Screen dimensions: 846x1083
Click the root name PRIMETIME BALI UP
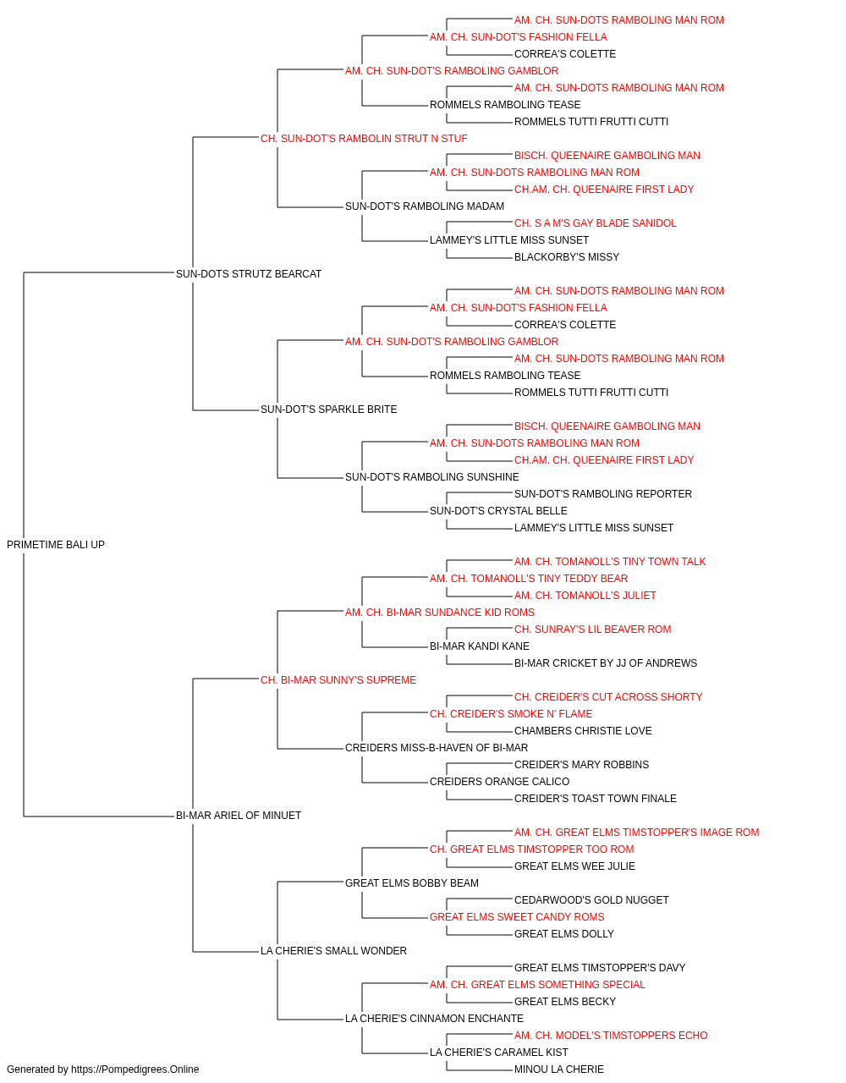point(56,545)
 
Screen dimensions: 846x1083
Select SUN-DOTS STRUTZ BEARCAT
point(249,274)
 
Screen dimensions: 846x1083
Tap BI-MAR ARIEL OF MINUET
point(239,816)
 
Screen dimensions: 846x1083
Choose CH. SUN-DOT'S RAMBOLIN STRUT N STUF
point(364,139)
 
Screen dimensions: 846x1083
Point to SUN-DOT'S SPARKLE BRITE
point(329,410)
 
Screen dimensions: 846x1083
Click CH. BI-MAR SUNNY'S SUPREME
point(338,680)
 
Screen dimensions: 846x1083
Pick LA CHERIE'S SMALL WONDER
point(333,951)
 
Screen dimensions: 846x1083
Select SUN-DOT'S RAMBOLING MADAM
point(425,206)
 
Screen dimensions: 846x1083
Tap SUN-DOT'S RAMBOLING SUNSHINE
point(432,477)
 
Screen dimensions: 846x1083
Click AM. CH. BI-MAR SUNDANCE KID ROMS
point(439,613)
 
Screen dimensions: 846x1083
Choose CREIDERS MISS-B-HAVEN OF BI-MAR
point(437,748)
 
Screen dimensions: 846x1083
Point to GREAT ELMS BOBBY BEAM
point(411,883)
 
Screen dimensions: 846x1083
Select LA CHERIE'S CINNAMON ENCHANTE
point(435,1019)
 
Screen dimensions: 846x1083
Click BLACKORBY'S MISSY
point(567,257)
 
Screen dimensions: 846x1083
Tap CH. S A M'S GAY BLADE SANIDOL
point(596,223)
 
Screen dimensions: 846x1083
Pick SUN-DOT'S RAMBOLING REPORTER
point(603,494)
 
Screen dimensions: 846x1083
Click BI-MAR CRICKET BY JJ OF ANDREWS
point(606,663)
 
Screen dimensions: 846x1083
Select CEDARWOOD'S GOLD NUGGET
point(591,900)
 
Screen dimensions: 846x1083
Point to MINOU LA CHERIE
point(559,1069)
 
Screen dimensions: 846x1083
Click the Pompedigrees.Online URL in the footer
point(135,1069)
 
